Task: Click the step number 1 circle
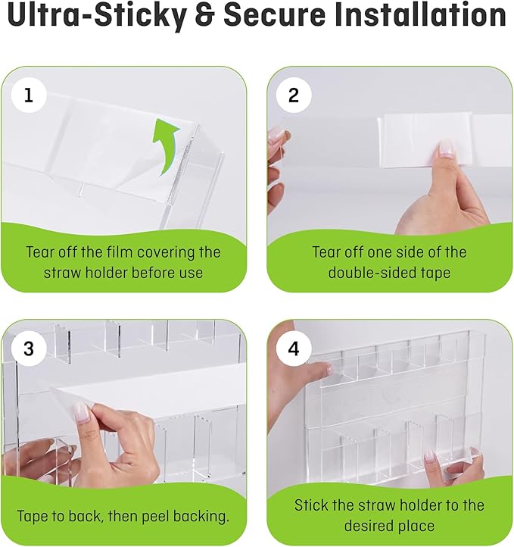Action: pos(29,95)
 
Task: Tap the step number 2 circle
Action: pos(294,95)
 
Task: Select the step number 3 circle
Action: pos(29,349)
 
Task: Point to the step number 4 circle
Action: pos(294,349)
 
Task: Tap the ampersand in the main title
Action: pos(204,15)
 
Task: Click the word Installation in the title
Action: pos(420,15)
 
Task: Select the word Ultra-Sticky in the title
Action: pos(97,16)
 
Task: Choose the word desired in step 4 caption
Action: pos(369,526)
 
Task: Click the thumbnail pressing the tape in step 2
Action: pos(446,148)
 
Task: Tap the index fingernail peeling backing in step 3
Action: pos(81,412)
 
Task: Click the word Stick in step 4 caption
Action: pos(310,505)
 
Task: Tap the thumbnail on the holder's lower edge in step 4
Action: pos(429,455)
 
